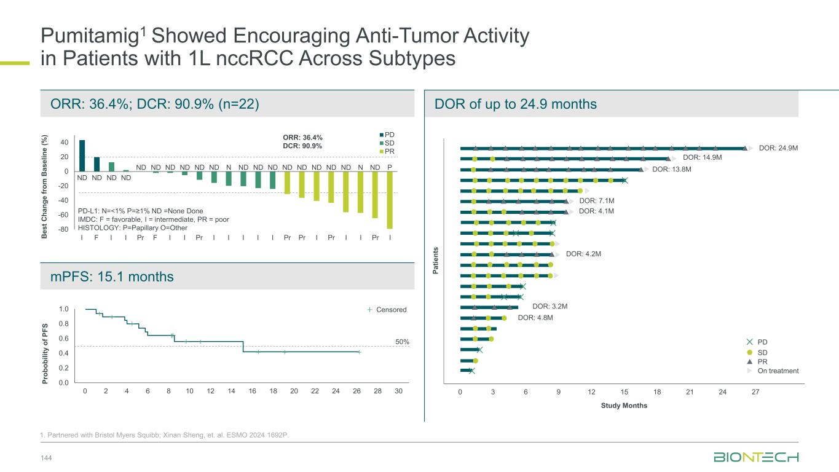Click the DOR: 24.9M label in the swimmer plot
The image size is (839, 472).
click(778, 148)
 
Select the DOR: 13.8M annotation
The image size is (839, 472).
click(672, 170)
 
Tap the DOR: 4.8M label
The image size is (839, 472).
click(535, 318)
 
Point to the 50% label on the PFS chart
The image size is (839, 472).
click(402, 341)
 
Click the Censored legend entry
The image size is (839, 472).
click(391, 310)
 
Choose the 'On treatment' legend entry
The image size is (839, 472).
click(778, 371)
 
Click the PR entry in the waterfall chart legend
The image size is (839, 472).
click(390, 151)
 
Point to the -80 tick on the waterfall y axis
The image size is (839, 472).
click(63, 230)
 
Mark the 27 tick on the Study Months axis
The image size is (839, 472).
click(755, 392)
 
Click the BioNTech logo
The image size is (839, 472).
click(756, 457)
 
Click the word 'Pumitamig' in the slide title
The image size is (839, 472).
click(89, 37)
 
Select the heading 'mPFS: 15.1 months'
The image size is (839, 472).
click(112, 277)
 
